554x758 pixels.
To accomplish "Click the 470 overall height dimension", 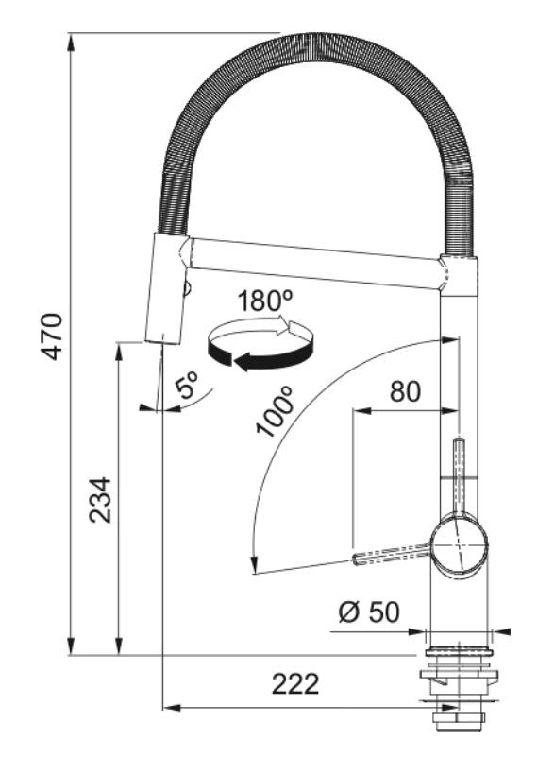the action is point(53,336).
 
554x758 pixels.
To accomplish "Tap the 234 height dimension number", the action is point(100,500).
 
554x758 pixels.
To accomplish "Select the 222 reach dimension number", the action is point(295,684).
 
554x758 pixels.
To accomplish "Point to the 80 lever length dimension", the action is point(405,391).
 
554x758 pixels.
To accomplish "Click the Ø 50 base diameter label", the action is point(369,612).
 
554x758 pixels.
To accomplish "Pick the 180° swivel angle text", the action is point(264,301).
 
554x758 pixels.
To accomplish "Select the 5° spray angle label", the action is point(187,385).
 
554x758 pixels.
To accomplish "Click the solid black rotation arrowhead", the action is point(243,361).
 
